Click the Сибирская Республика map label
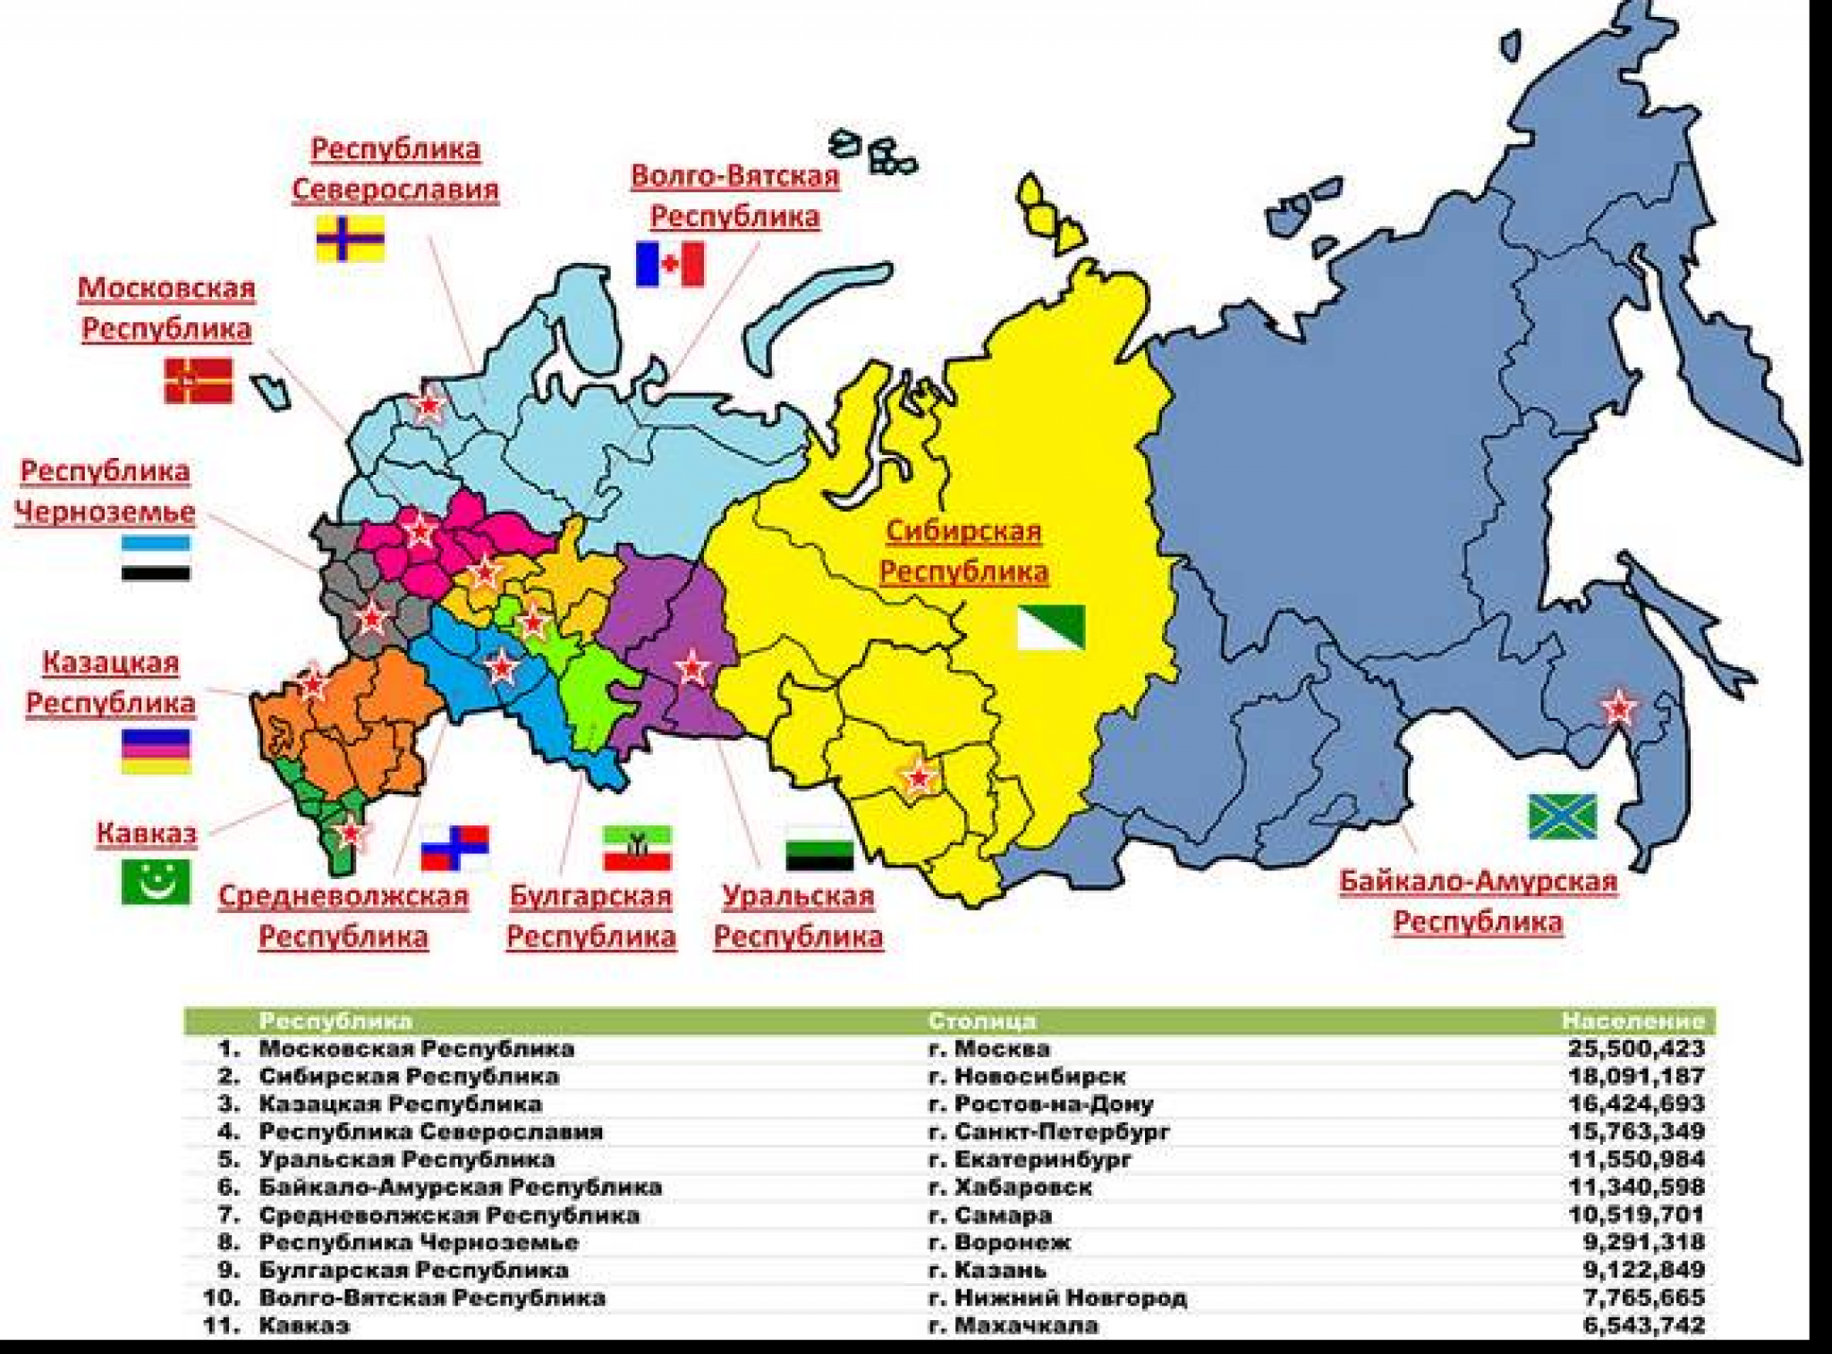coord(963,551)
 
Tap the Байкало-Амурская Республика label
coord(1478,901)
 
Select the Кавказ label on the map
coord(147,833)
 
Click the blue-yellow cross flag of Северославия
coord(351,238)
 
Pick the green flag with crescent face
coord(156,882)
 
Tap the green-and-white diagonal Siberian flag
coord(1051,626)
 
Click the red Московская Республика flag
coord(199,381)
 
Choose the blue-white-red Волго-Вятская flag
coord(669,264)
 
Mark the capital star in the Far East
coord(1619,708)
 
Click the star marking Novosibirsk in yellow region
coord(919,777)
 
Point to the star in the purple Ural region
coord(691,667)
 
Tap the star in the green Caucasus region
coord(350,833)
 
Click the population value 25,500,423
coord(1635,1048)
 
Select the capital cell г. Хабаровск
coord(1011,1187)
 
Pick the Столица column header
coord(982,1020)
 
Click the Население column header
coord(1633,1020)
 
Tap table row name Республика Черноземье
coord(419,1242)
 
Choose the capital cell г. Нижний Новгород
coord(1058,1298)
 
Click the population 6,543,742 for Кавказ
coord(1643,1325)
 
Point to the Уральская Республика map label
coord(798,916)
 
